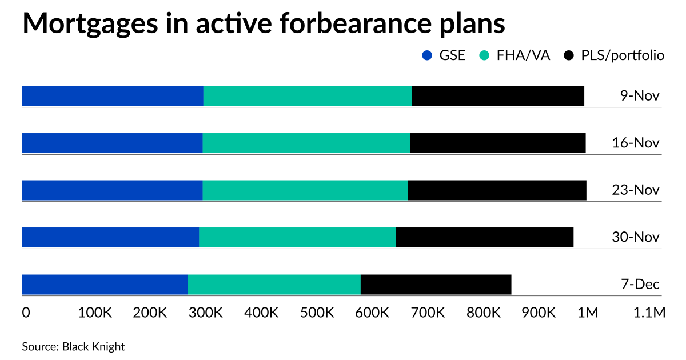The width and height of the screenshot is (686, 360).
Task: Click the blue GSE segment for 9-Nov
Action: point(112,96)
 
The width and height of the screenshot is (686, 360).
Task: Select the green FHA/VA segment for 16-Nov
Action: point(306,143)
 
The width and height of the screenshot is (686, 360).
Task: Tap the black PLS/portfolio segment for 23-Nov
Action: point(497,190)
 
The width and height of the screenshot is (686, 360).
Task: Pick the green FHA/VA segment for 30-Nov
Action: point(297,237)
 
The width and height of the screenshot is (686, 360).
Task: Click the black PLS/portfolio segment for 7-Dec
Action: point(436,285)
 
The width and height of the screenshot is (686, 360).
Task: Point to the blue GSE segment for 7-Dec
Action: point(104,285)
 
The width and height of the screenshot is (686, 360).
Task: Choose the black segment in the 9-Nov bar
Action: point(498,96)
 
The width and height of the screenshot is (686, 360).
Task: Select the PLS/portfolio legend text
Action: point(623,55)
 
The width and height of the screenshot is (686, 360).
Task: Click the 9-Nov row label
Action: point(640,96)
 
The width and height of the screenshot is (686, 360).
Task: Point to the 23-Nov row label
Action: point(636,190)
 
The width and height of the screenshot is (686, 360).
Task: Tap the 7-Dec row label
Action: point(640,285)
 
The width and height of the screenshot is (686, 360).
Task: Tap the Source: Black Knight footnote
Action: point(73,346)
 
